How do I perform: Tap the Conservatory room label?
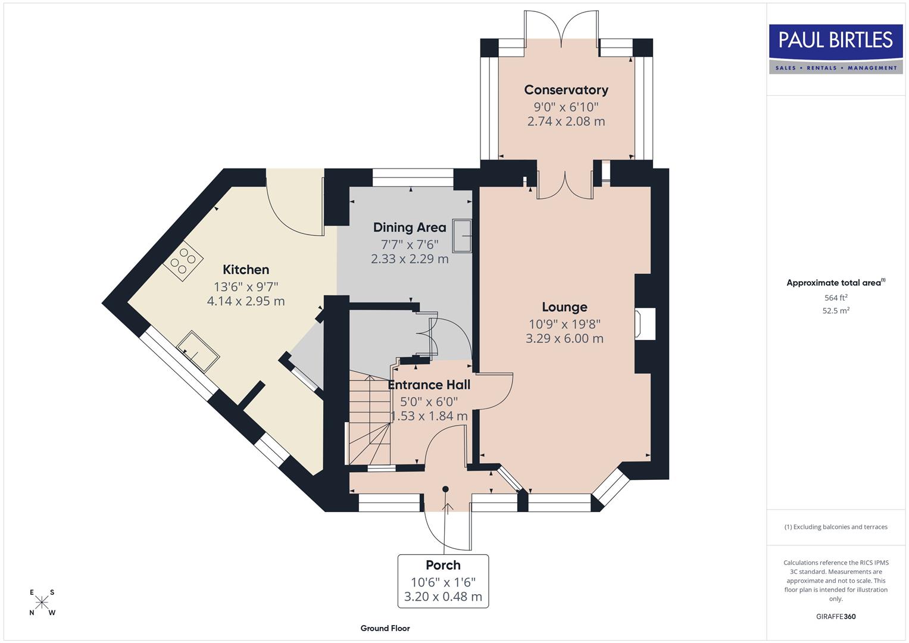566,90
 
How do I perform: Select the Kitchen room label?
246,270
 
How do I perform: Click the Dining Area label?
410,227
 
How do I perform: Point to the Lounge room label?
564,307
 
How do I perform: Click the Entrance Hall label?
429,385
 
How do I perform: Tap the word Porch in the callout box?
443,566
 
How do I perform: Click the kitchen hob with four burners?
183,261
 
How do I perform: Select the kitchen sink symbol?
198,351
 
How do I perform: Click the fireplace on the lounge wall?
645,324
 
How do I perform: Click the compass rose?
42,603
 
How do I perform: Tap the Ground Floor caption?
385,628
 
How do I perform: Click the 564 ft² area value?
836,298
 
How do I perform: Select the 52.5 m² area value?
836,310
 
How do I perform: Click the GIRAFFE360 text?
836,616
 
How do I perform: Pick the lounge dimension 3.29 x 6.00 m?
564,339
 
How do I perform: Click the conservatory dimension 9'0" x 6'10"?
566,107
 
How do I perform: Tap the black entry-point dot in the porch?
445,489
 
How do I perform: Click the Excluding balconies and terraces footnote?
836,527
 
